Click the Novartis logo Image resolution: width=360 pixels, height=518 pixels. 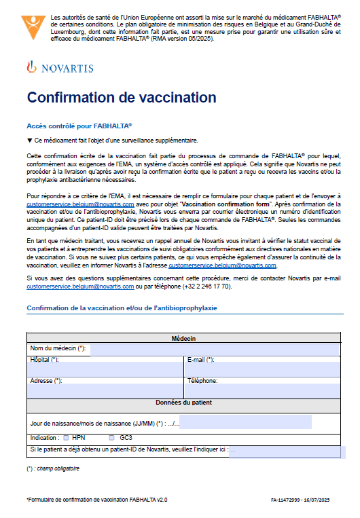60,68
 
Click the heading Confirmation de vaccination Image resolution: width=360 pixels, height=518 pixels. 122,97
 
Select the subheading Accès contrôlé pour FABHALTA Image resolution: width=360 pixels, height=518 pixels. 79,126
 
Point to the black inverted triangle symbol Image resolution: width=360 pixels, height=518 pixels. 29,141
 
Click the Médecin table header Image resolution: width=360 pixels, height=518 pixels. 183,338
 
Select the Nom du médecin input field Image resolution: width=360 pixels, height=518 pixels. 214,349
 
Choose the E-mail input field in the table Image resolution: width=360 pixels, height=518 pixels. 261,369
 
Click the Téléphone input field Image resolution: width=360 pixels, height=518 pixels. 261,390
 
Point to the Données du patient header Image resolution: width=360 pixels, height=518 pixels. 183,403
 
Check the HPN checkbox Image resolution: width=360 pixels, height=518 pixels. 66,438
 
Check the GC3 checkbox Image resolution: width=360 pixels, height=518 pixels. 112,438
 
